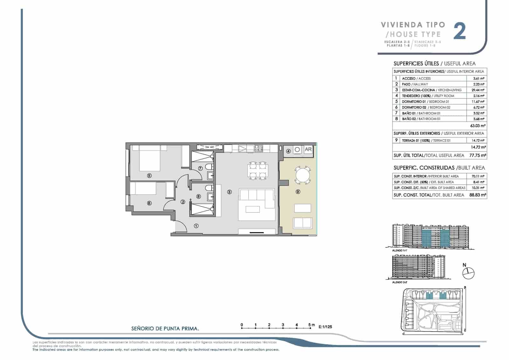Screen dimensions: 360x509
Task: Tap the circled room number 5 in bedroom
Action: [149, 175]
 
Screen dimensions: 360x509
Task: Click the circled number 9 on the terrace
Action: [298, 192]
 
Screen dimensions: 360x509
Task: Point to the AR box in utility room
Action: [308, 149]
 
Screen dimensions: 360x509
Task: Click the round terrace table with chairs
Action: [301, 175]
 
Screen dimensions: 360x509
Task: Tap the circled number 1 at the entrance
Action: [196, 226]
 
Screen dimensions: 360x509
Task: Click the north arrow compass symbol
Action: [469, 273]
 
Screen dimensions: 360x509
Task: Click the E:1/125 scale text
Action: [325, 327]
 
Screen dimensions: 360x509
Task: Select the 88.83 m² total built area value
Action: [478, 195]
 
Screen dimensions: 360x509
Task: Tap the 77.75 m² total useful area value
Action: [478, 155]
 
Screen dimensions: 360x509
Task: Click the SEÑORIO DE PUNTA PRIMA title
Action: [165, 328]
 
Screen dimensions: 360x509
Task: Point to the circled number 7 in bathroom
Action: [200, 168]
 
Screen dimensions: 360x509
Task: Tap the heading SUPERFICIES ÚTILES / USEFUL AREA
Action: [434, 63]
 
